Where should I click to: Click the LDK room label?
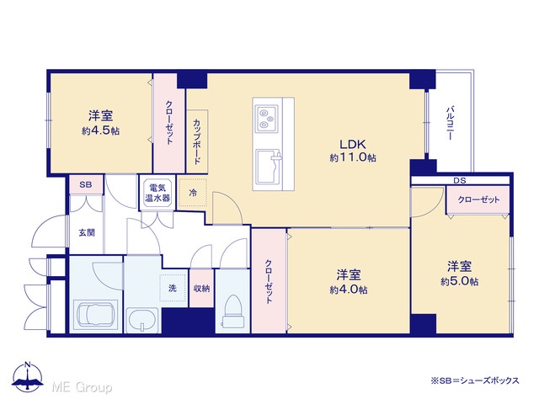[x=353, y=143]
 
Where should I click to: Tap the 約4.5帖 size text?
[x=101, y=131]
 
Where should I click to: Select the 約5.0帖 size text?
[x=459, y=281]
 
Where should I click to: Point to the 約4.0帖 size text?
[x=349, y=290]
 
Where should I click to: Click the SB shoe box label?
[x=86, y=184]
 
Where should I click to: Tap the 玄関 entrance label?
[x=86, y=232]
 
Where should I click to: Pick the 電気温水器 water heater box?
[x=157, y=193]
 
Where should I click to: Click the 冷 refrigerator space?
[x=193, y=193]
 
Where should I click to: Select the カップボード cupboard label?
[x=196, y=141]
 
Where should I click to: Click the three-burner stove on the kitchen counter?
[x=267, y=118]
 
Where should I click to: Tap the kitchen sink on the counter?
[x=269, y=167]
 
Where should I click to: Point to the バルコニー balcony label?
[x=449, y=123]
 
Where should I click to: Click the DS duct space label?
[x=460, y=180]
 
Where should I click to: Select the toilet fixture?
[x=233, y=311]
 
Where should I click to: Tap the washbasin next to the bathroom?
[x=142, y=320]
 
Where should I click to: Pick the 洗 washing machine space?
[x=173, y=288]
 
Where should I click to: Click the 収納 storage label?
[x=201, y=288]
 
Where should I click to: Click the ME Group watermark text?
[x=83, y=387]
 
